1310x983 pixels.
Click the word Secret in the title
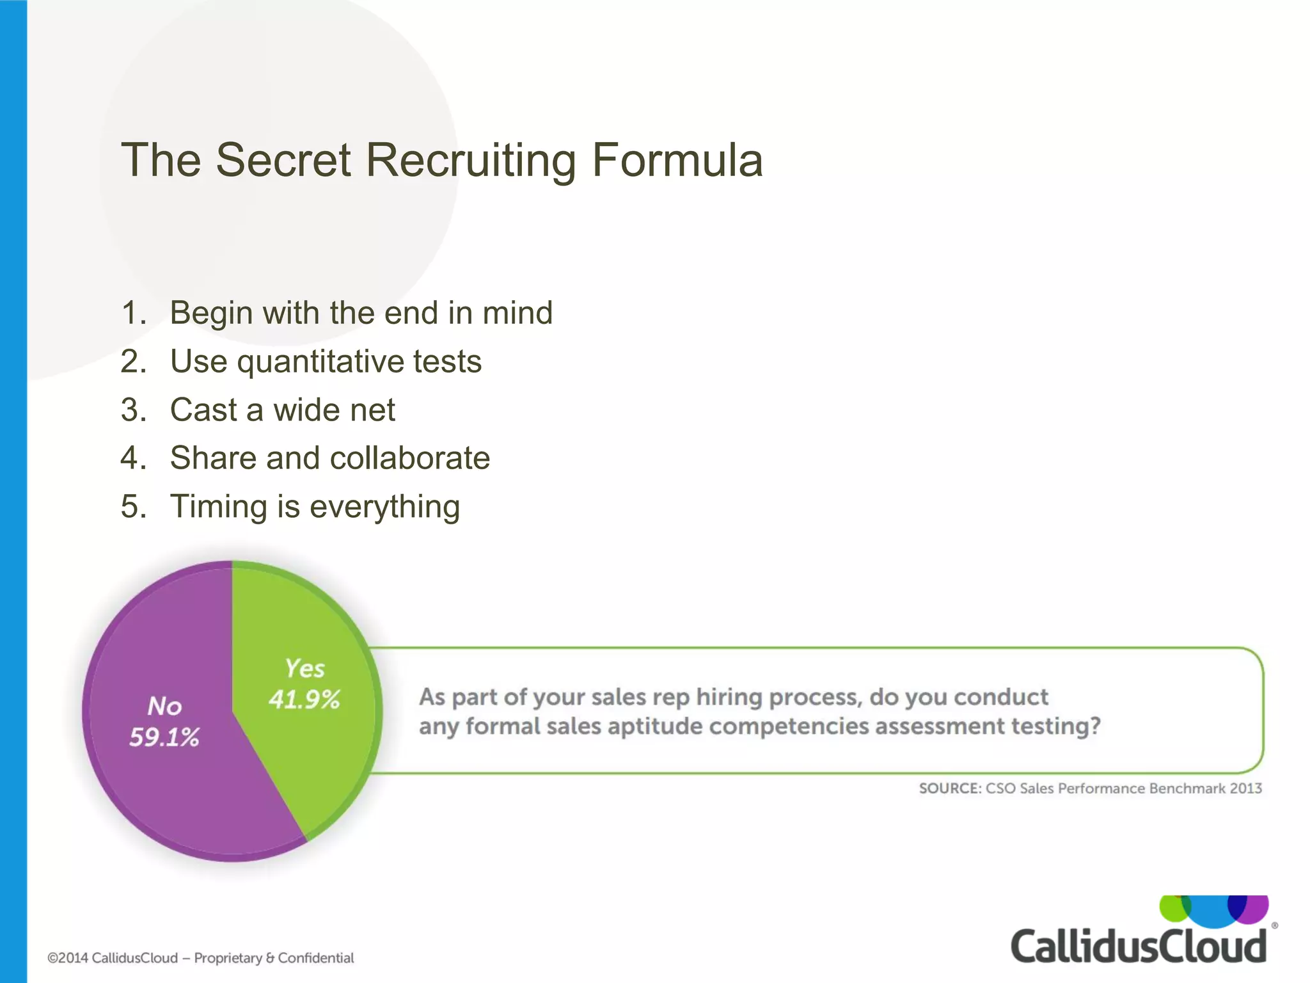(x=283, y=160)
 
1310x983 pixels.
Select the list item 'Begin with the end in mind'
(x=361, y=313)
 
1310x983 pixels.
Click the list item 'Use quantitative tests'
(x=326, y=362)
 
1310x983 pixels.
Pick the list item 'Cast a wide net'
(x=282, y=410)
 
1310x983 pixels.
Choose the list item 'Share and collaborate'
(x=329, y=458)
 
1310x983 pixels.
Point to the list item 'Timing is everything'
(x=315, y=507)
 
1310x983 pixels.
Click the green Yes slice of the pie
(x=301, y=755)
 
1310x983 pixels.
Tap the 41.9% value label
(x=304, y=699)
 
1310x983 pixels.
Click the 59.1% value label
(x=164, y=738)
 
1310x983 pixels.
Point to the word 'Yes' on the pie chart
(x=304, y=669)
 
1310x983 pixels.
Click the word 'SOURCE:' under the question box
(x=950, y=788)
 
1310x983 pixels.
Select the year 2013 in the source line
(x=1245, y=788)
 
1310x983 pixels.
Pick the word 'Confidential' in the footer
(x=316, y=958)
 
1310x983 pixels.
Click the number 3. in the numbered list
(x=133, y=410)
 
